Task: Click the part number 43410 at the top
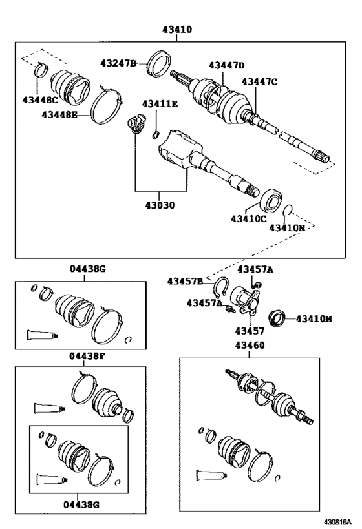pos(177,30)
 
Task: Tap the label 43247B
pos(118,63)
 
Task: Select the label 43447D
pos(226,65)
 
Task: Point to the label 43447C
pos(259,81)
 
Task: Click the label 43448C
pos(40,100)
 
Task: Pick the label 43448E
pos(59,115)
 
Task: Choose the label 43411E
pos(160,103)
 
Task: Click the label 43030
pos(160,205)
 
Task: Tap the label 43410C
pos(248,219)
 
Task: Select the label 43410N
pos(287,229)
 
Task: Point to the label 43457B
pos(185,281)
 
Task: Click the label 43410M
pos(314,319)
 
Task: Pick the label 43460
pos(250,346)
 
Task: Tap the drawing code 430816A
pos(337,522)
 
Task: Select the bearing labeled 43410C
pos(271,201)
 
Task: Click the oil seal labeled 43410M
pos(277,319)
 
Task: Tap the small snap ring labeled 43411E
pos(156,135)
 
